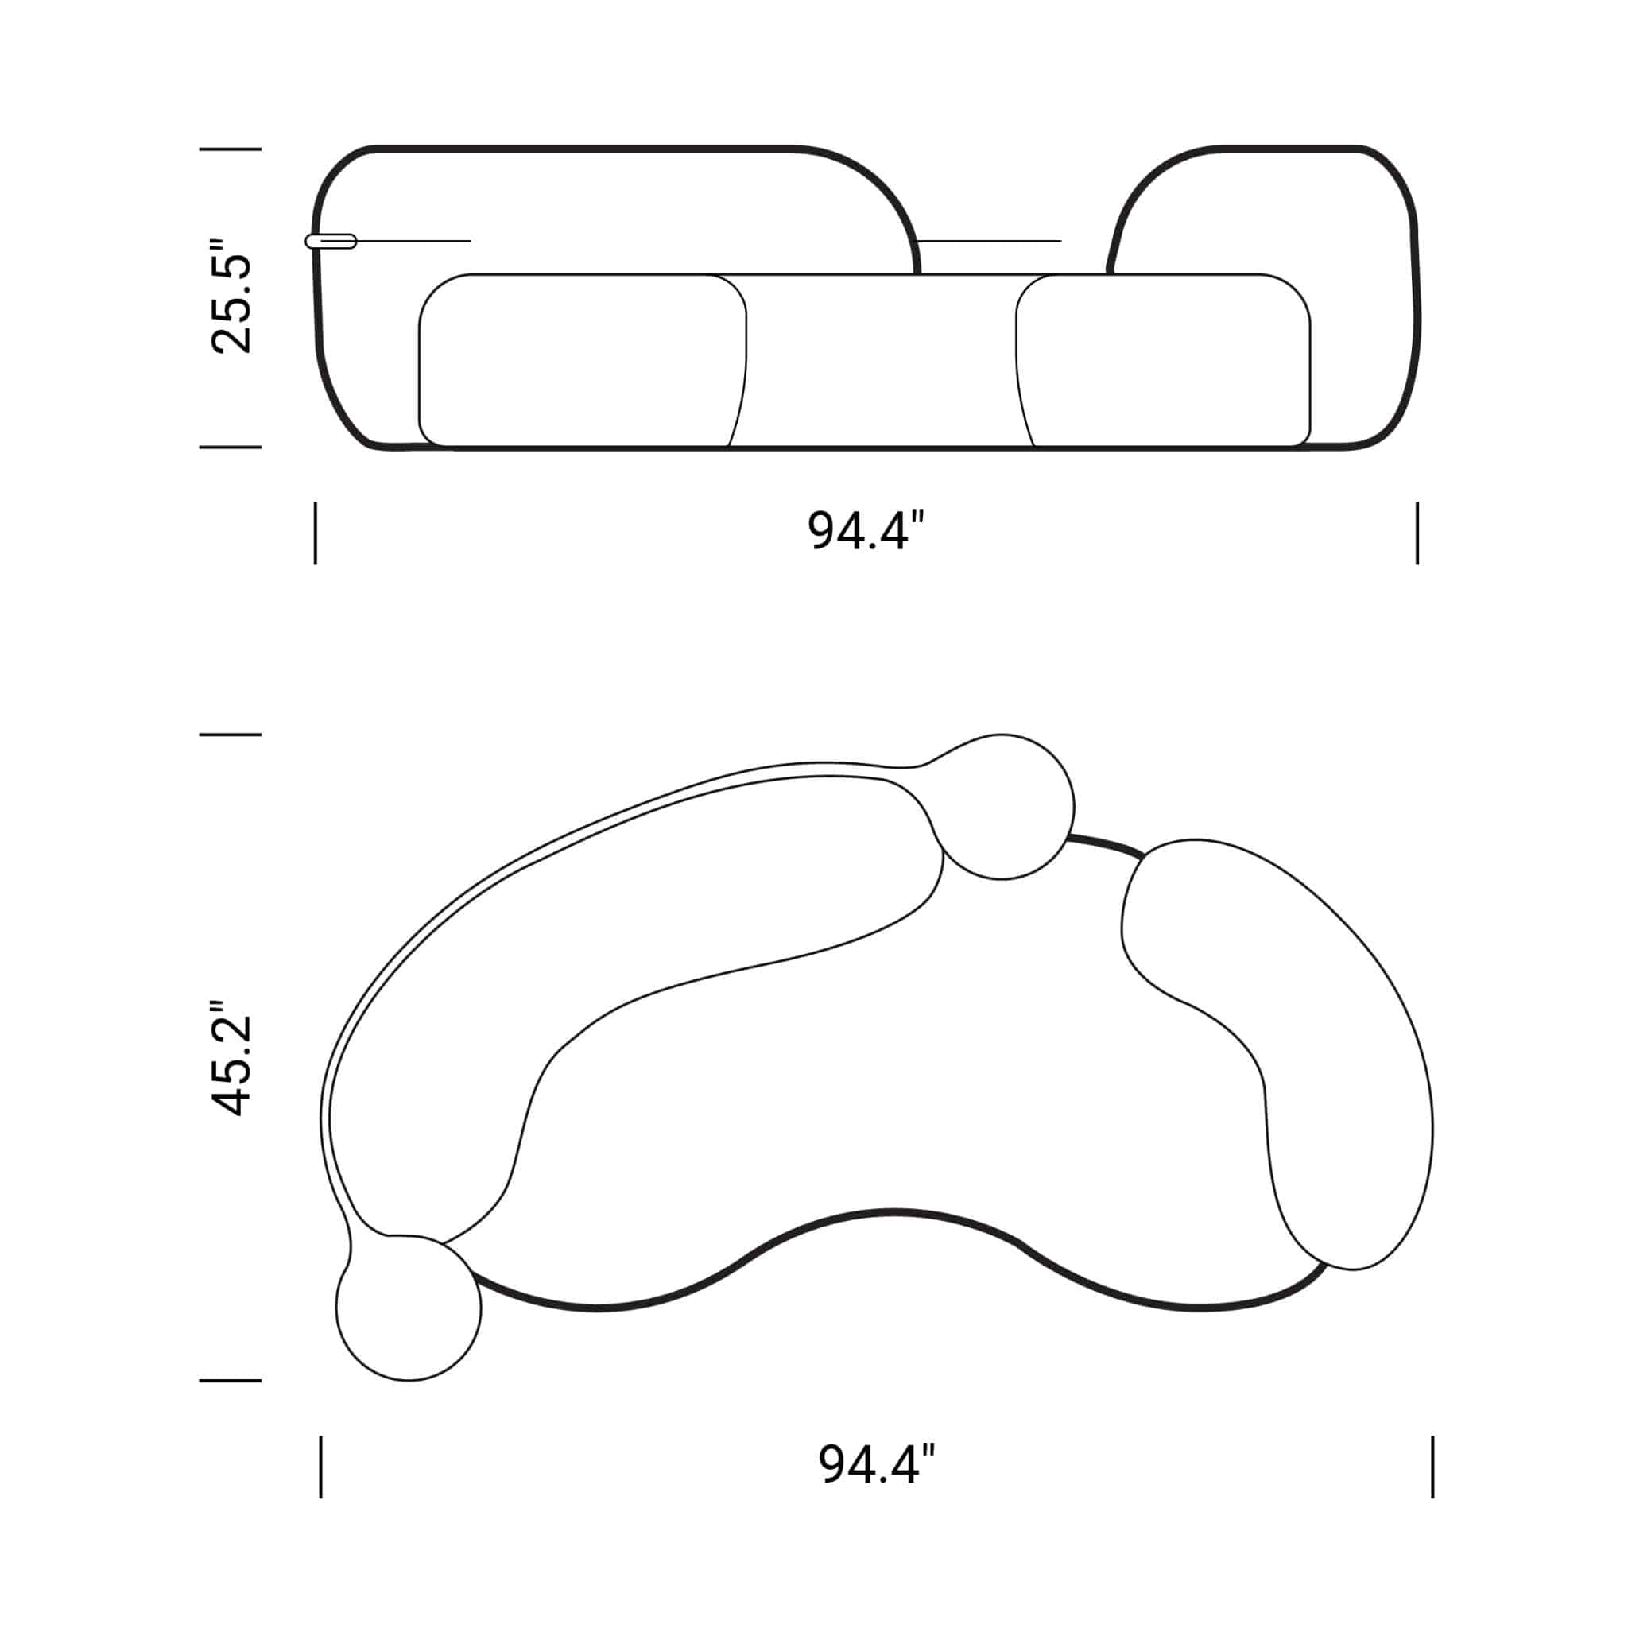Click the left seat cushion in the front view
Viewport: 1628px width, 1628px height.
click(581, 361)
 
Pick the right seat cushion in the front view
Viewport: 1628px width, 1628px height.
click(1163, 361)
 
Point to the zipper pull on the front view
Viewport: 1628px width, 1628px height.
click(331, 241)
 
